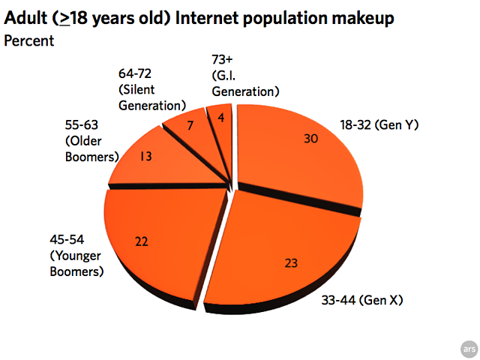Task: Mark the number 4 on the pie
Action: click(220, 117)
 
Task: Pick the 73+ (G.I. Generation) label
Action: click(244, 75)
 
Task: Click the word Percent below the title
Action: click(29, 40)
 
